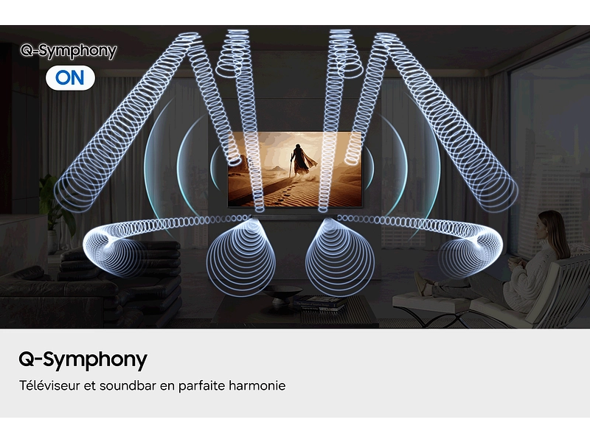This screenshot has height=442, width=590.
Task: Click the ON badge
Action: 70,77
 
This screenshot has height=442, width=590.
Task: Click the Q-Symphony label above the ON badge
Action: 68,51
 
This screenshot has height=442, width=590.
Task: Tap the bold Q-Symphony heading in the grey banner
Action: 83,359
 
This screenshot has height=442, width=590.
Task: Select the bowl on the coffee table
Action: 282,293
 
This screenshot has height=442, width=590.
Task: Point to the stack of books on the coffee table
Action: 320,302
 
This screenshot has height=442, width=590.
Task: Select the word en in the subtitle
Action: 167,385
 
